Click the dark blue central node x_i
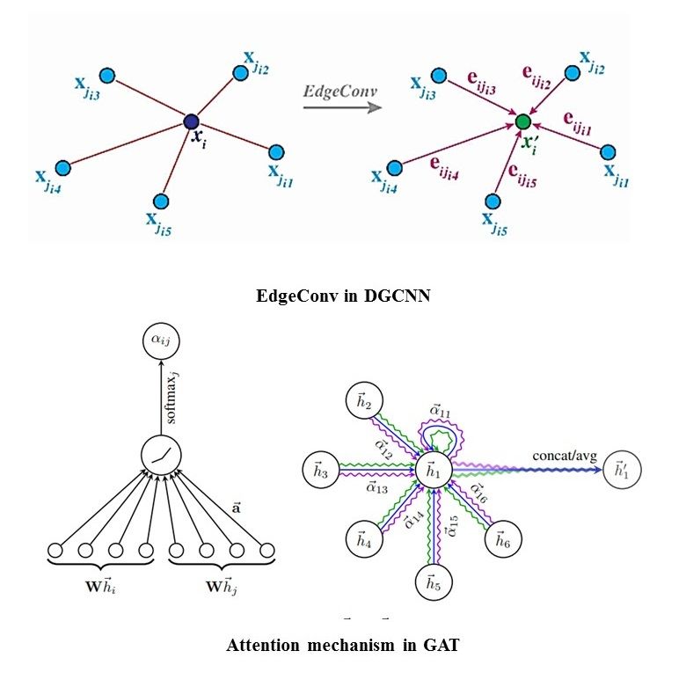(191, 121)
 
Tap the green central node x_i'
(522, 121)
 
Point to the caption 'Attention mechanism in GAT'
(343, 645)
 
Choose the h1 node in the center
(432, 472)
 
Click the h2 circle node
(363, 403)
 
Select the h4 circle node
(363, 540)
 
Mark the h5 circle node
(432, 583)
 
